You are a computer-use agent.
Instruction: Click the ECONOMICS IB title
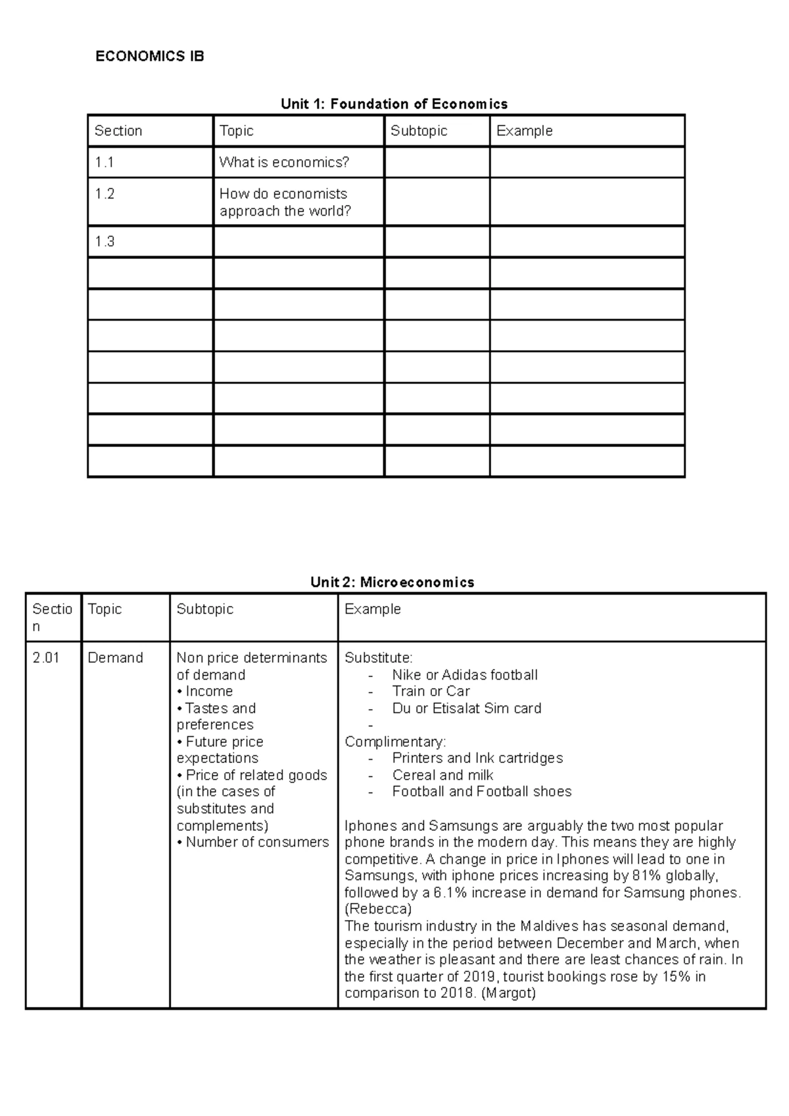click(x=150, y=57)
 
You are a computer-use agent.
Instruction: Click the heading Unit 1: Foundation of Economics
click(x=394, y=104)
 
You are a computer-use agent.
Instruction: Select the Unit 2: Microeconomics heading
click(x=392, y=582)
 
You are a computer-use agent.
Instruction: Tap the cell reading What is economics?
click(x=284, y=162)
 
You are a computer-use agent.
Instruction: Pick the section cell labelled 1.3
click(x=105, y=241)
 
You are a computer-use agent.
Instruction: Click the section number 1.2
click(x=105, y=193)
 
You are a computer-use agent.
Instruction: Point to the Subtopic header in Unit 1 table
click(x=419, y=131)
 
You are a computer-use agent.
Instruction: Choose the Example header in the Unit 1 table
click(x=524, y=131)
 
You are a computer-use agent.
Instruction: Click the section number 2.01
click(x=46, y=657)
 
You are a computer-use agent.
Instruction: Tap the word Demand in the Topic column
click(x=115, y=657)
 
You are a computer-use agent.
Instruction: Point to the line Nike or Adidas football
click(x=465, y=674)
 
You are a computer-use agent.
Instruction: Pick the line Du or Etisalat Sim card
click(x=467, y=708)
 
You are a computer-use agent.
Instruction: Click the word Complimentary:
click(x=395, y=741)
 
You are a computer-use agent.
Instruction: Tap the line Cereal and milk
click(x=442, y=775)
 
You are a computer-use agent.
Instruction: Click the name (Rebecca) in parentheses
click(x=378, y=909)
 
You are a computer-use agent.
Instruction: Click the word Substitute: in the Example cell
click(x=379, y=657)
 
